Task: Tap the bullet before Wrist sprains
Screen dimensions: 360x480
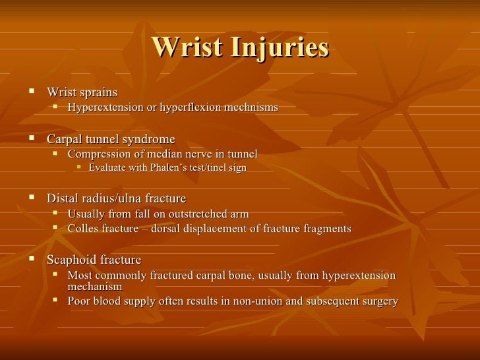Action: pyautogui.click(x=30, y=91)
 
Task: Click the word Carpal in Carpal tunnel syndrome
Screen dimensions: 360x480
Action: pyautogui.click(x=64, y=139)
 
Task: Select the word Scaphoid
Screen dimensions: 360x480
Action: pyautogui.click(x=71, y=260)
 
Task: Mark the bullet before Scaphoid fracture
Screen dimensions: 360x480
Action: pyautogui.click(x=30, y=260)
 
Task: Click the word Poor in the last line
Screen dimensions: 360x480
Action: pyautogui.click(x=80, y=301)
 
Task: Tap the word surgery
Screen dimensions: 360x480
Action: pyautogui.click(x=380, y=301)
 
